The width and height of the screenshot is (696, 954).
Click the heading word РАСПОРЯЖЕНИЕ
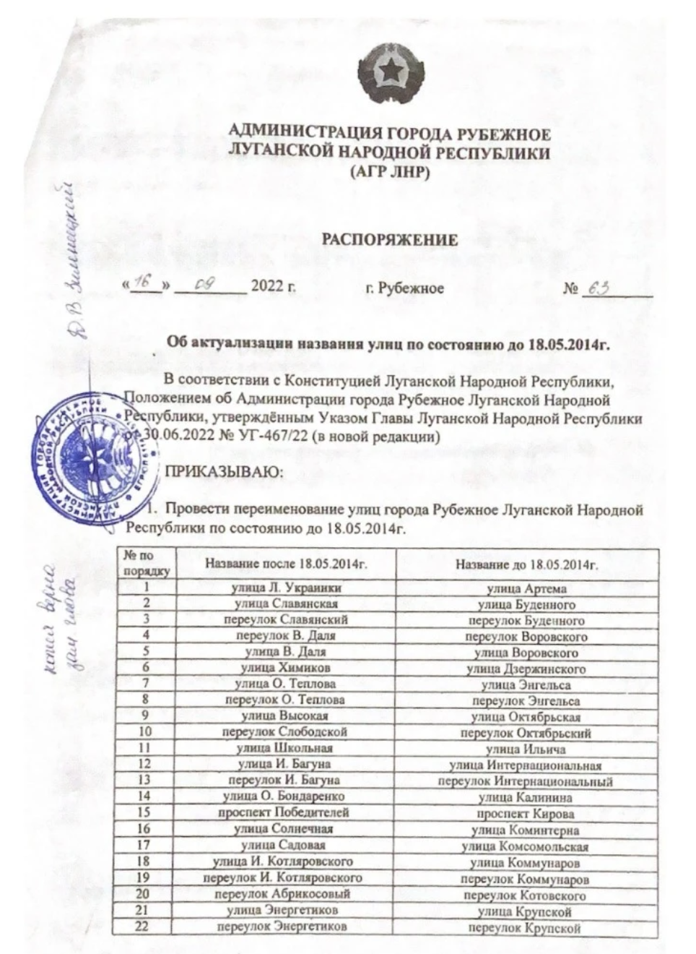coord(389,240)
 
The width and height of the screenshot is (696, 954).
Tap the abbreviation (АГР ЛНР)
coord(389,172)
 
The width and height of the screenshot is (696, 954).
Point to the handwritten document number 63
coord(599,288)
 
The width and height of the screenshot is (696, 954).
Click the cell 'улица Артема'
coord(527,588)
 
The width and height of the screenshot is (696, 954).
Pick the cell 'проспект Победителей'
coord(284,812)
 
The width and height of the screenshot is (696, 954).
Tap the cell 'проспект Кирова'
coord(527,814)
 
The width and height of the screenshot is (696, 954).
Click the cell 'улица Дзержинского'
coord(526,669)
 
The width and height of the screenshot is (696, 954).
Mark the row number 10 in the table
coord(143,732)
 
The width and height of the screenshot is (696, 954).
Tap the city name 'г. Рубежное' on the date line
coord(404,288)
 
